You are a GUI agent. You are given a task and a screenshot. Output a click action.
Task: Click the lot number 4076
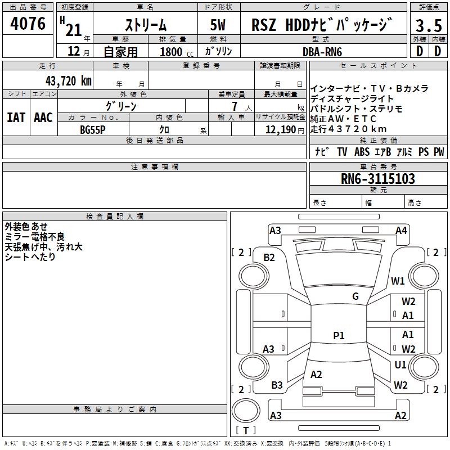(28, 24)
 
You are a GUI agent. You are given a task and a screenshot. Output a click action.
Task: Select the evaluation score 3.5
(428, 25)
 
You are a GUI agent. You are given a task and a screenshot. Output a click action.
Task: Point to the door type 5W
(218, 25)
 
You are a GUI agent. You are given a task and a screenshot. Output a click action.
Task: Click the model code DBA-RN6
(322, 52)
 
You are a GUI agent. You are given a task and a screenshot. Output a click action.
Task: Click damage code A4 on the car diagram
(401, 231)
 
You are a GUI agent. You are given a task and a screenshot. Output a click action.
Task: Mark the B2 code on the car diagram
(269, 258)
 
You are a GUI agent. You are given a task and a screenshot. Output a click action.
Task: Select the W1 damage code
(398, 281)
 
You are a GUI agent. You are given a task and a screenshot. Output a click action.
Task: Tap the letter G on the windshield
(355, 296)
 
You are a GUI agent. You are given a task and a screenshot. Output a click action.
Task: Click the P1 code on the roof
(339, 336)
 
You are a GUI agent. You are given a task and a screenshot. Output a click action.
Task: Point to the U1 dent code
(400, 365)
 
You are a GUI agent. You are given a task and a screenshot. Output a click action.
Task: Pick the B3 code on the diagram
(277, 385)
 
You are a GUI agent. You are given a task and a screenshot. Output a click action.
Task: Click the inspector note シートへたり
(30, 256)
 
